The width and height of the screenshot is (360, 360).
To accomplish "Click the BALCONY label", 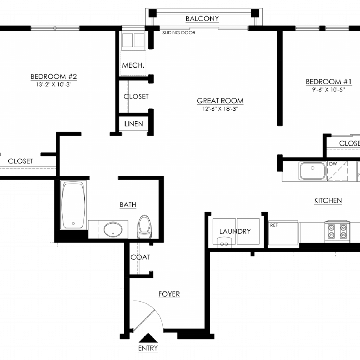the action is (202, 19).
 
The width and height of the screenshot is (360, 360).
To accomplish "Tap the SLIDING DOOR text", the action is (179, 33).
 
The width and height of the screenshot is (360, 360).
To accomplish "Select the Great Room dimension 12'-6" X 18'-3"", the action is (220, 109).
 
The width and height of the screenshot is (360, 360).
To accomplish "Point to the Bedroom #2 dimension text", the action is (53, 84).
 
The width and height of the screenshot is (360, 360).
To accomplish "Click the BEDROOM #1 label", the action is (329, 82).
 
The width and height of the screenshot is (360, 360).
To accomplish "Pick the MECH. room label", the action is (133, 65).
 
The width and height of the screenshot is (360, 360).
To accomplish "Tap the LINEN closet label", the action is (134, 124).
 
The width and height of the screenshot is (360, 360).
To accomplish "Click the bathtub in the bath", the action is (73, 205).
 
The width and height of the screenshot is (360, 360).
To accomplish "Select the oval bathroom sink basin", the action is (113, 229).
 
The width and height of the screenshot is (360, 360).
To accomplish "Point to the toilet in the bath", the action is (144, 226).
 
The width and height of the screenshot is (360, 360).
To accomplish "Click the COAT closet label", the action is (141, 257).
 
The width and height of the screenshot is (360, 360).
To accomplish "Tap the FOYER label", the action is (169, 294).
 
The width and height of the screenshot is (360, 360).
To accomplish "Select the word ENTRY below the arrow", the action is (148, 348).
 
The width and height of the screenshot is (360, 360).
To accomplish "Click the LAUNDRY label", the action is (235, 231).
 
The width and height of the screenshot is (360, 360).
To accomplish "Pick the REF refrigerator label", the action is (274, 225).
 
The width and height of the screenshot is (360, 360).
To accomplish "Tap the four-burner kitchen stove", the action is (337, 231).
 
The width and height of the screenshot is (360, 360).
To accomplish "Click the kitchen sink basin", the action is (313, 171).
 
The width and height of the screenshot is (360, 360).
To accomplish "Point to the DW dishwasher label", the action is (333, 164).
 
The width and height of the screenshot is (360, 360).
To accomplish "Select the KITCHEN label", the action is (328, 200).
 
